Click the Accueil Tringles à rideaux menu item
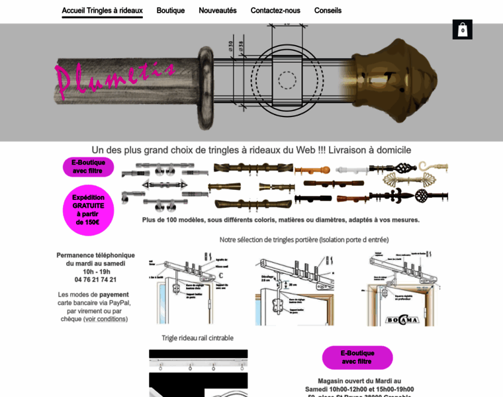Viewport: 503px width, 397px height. pos(102,11)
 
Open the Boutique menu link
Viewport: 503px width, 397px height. pos(171,11)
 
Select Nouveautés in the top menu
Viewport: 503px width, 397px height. pos(218,11)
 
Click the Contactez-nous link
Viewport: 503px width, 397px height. pos(275,11)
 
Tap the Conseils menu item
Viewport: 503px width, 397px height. pos(328,11)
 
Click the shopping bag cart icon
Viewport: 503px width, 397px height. pos(463,30)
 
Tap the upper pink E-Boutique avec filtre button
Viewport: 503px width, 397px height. pos(88,167)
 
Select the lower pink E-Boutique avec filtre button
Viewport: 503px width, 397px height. pos(357,357)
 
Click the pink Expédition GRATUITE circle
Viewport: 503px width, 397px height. pos(88,210)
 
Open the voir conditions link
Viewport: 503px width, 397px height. pos(105,319)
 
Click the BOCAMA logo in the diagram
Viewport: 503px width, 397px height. pos(403,320)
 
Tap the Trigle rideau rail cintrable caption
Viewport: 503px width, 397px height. pos(197,338)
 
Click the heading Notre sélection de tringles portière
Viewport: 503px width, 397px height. pos(304,240)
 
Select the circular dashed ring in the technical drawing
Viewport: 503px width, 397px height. pos(287,81)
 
